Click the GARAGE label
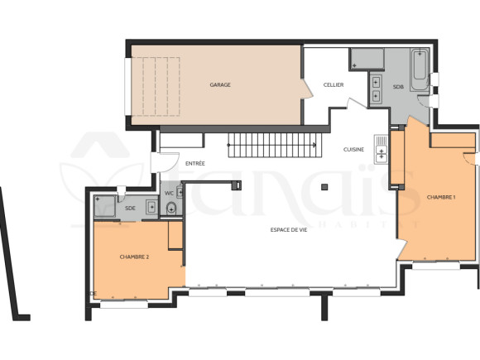220,84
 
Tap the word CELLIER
334,84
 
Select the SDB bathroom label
398,87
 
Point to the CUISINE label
354,149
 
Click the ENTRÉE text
195,163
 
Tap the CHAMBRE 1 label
440,198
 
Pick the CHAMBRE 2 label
134,257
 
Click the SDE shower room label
130,209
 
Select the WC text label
169,194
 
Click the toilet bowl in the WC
171,209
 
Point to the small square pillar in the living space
325,187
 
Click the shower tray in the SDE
104,206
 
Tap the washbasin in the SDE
151,207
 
